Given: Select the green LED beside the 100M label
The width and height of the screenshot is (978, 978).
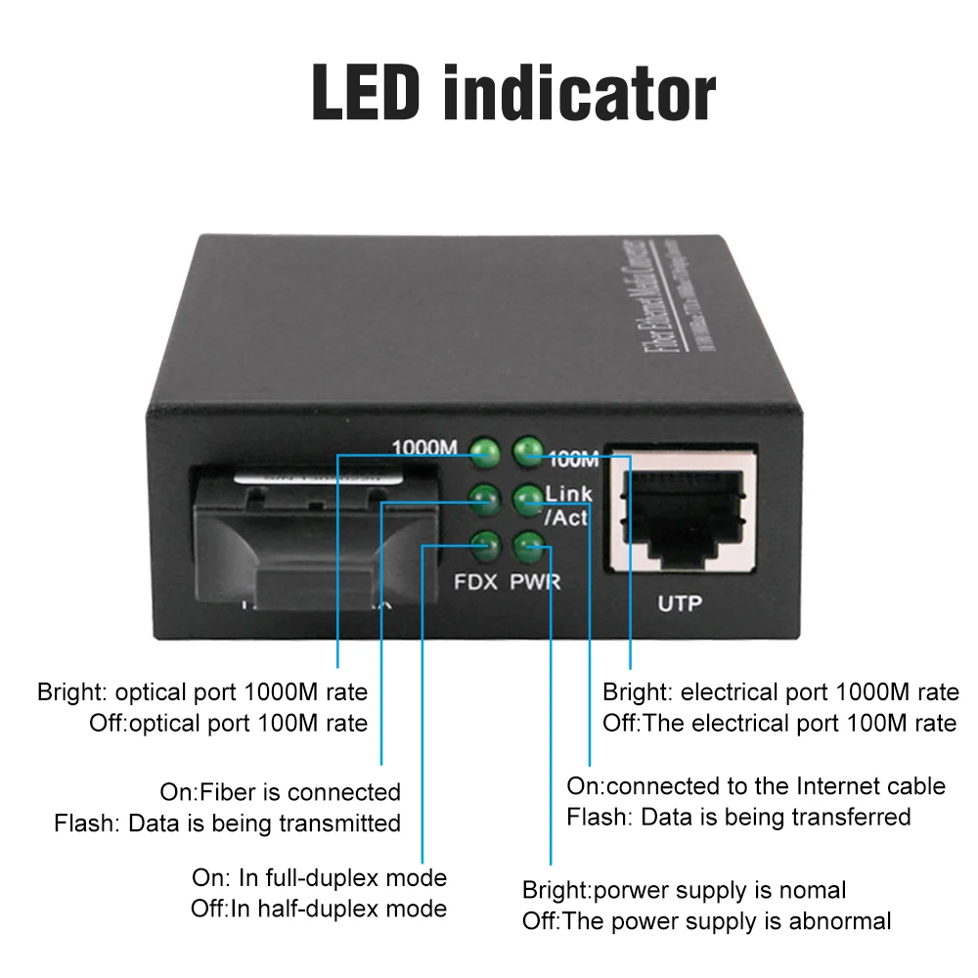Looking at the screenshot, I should tap(528, 450).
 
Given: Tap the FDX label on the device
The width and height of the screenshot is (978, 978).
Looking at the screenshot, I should tap(475, 583).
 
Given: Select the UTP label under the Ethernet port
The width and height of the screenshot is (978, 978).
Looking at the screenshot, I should tap(680, 603).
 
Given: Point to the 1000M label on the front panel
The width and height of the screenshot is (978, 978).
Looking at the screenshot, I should tap(424, 448).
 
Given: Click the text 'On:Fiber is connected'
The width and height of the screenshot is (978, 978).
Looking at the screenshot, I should tap(281, 791).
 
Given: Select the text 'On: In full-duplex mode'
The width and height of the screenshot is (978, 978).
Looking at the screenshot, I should tap(319, 877).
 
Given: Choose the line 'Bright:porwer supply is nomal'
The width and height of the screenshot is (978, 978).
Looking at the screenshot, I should tap(685, 890).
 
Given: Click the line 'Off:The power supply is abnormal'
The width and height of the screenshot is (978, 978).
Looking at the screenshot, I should tap(707, 920).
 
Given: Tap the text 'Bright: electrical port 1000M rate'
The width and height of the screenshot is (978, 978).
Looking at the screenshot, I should tap(780, 692).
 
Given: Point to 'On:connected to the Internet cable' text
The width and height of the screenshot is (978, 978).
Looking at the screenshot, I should tap(756, 785).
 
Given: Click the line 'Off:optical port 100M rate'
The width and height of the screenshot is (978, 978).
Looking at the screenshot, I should tap(229, 723).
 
